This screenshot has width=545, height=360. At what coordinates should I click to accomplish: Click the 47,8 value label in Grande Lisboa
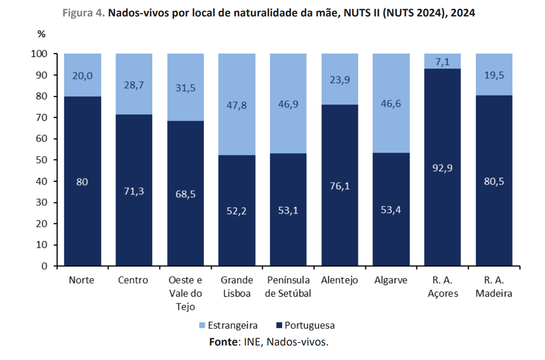[237, 105]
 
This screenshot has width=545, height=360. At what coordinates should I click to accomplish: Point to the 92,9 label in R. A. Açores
[443, 168]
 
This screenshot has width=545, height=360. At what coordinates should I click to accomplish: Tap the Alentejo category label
[339, 280]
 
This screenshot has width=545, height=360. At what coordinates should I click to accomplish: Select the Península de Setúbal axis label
[288, 287]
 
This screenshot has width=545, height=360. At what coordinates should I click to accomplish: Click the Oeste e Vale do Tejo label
[185, 293]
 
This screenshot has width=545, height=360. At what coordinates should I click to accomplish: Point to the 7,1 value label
[443, 61]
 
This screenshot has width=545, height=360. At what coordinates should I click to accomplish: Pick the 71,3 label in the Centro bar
[134, 191]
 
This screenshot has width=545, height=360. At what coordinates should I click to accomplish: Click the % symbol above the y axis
[41, 34]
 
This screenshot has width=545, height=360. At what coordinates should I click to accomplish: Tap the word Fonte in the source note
[224, 342]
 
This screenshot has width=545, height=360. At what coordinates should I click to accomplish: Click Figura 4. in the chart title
[84, 13]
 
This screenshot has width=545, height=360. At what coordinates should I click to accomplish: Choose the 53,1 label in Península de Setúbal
[288, 211]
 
